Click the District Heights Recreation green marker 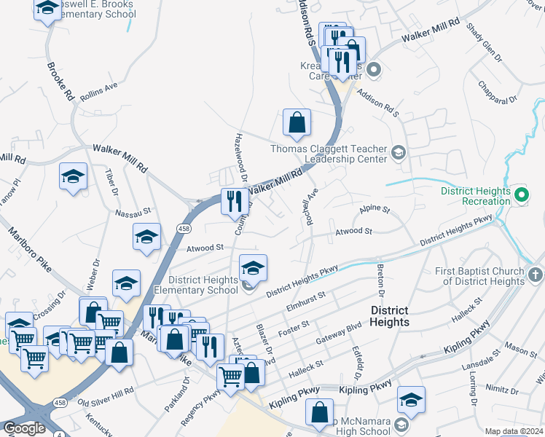522,194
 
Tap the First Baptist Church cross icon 536,275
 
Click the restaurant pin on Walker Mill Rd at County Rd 235,200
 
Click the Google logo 24,428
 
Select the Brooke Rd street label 60,82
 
